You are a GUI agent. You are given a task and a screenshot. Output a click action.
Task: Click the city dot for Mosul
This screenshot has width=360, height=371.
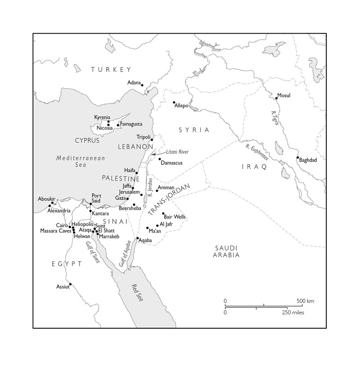tap(276, 98)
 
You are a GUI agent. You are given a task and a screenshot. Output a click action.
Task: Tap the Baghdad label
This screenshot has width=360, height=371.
tap(308, 160)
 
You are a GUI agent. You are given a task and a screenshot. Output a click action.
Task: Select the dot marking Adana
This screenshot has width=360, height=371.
tap(142, 85)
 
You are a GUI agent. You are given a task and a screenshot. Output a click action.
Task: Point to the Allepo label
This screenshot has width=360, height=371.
tap(182, 106)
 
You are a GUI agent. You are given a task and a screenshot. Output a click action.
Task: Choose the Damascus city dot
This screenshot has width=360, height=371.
tap(159, 159)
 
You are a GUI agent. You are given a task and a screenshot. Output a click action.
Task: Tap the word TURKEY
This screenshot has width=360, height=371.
tap(111, 70)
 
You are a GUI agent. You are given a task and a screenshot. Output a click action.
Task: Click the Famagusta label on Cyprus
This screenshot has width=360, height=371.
tap(131, 124)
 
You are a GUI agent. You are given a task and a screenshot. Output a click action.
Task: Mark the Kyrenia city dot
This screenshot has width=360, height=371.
tap(108, 121)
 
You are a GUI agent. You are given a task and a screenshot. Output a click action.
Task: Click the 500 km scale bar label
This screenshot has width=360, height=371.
tap(305, 301)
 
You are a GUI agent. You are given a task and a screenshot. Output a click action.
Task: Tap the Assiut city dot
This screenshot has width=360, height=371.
tap(70, 284)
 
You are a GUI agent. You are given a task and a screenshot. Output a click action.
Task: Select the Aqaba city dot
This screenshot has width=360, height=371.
tap(138, 238)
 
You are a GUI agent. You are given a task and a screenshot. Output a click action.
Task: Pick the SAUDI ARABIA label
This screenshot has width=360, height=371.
tap(226, 251)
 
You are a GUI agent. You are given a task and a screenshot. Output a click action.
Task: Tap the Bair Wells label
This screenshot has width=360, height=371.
tap(175, 217)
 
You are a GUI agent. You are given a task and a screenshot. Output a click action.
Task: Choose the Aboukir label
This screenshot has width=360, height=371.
tap(46, 199)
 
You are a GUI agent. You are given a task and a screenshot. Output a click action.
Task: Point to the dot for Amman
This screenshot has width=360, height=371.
tap(157, 191)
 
